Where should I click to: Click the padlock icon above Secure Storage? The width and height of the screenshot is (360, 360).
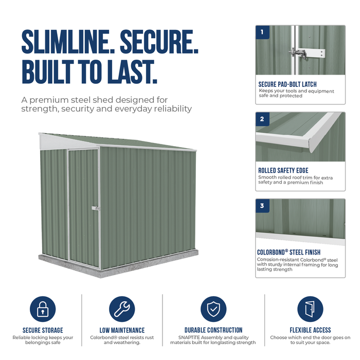43,309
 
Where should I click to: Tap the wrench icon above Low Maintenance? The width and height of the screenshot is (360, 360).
122,309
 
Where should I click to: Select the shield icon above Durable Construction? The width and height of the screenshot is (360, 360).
213,309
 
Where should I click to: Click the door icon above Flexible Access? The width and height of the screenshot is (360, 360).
310,309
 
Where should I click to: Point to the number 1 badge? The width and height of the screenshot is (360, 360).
262,32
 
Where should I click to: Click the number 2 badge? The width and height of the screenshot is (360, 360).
262,119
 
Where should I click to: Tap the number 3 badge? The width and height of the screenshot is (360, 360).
262,206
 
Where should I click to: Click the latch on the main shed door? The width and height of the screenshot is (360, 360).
96,208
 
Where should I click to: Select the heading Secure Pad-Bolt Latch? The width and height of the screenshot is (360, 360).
287,84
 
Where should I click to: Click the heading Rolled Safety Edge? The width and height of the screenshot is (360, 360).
283,171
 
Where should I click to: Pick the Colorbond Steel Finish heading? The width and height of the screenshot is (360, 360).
289,252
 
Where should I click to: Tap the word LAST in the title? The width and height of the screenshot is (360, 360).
132,71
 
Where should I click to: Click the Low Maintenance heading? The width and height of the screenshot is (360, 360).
122,330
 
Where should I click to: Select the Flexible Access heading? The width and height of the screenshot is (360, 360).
310,330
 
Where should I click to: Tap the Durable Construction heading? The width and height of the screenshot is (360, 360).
213,330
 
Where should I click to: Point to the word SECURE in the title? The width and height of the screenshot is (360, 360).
159,42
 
